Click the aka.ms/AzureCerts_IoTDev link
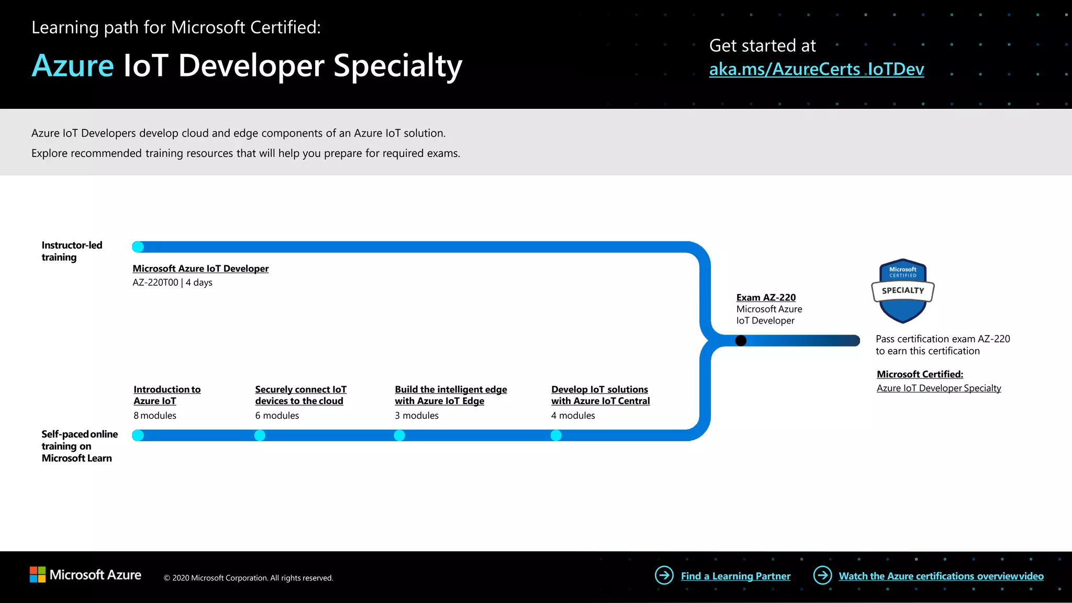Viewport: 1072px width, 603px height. pyautogui.click(x=816, y=69)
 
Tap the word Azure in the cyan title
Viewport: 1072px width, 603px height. pyautogui.click(x=73, y=66)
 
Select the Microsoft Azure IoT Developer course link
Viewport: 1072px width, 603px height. pyautogui.click(x=200, y=269)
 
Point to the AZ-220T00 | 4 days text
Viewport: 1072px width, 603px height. pyautogui.click(x=172, y=283)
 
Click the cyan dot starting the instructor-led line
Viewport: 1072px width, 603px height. pyautogui.click(x=138, y=247)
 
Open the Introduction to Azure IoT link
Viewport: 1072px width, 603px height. pyautogui.click(x=167, y=395)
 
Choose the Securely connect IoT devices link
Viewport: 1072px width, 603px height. pyautogui.click(x=300, y=395)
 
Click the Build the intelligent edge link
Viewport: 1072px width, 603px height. pyautogui.click(x=451, y=395)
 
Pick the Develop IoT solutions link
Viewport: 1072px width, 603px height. pyautogui.click(x=600, y=395)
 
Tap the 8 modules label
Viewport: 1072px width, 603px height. pyautogui.click(x=155, y=416)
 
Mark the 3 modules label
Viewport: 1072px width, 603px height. pyautogui.click(x=417, y=416)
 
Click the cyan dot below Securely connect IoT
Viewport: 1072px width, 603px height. pyautogui.click(x=260, y=435)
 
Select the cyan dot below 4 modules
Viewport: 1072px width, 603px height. pyautogui.click(x=556, y=435)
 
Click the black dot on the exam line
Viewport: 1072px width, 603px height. pyautogui.click(x=741, y=341)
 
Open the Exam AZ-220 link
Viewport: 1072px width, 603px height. pyautogui.click(x=766, y=297)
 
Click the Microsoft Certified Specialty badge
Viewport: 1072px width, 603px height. pyautogui.click(x=903, y=291)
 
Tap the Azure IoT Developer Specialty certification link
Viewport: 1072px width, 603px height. pyautogui.click(x=939, y=388)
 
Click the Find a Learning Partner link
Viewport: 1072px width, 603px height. pyautogui.click(x=735, y=576)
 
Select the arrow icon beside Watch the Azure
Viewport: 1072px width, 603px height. pyautogui.click(x=822, y=575)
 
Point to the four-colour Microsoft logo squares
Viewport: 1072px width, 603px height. pyautogui.click(x=38, y=575)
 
